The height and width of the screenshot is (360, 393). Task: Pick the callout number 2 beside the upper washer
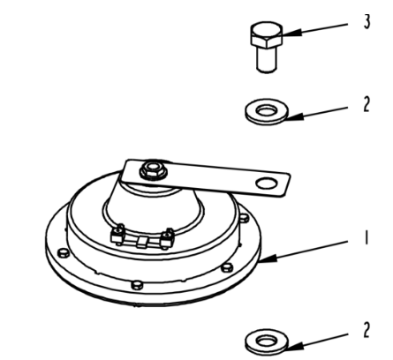point(366,102)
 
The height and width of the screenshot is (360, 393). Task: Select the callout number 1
point(366,250)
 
